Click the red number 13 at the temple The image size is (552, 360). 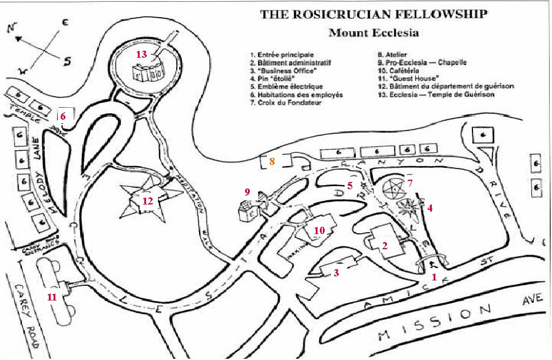point(142,54)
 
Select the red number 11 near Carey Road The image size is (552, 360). point(52,297)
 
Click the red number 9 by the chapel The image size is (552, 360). point(247,191)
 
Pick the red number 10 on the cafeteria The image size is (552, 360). point(319,231)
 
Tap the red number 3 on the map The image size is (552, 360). point(336,273)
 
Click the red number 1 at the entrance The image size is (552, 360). point(434,276)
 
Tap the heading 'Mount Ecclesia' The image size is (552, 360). point(373,32)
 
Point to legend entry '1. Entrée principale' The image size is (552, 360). point(281,54)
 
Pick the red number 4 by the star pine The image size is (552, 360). point(430,208)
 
